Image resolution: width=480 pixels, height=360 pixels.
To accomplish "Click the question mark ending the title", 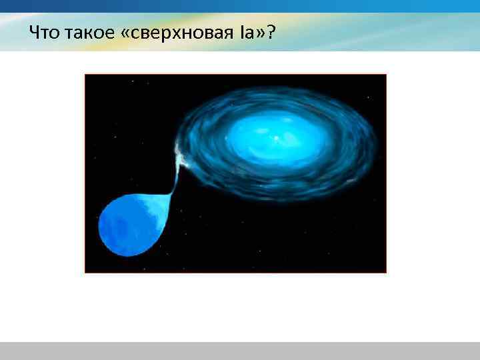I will point(273,33).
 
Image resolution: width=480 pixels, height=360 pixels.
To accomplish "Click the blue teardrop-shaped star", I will point(130,223).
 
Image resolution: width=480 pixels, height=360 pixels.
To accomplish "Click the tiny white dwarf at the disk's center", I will point(276,139).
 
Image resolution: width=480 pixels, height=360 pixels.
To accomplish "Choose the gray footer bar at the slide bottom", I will point(240,351).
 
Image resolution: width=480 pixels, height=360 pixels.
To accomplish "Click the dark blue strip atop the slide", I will point(240,5).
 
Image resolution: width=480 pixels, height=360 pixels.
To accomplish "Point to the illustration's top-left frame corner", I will point(85,75).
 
